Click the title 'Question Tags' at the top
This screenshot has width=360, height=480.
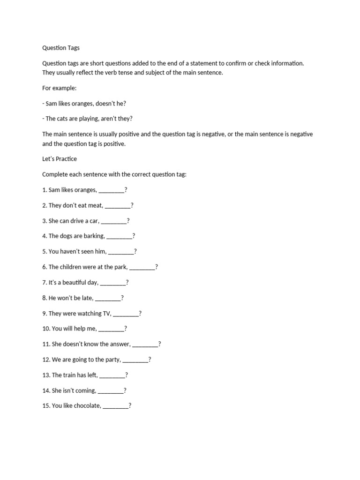coord(61,47)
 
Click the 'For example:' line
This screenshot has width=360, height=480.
coord(59,88)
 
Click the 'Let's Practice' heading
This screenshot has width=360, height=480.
coord(60,159)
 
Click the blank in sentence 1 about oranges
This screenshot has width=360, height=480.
coord(112,190)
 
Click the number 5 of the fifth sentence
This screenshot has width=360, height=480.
coord(44,252)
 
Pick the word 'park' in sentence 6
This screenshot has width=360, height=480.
coord(120,267)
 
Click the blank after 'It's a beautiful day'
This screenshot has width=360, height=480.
coord(113,283)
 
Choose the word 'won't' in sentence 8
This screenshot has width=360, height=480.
coord(68,298)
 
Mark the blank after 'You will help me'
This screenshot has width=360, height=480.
coord(112,329)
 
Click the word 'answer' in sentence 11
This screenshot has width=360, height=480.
coord(119,344)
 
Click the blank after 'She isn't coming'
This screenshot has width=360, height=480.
coord(111,390)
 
